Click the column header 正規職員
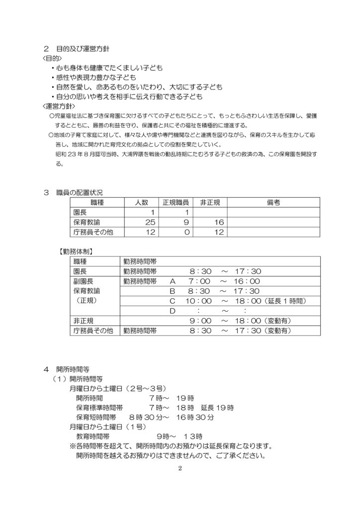point(176,202)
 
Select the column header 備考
point(273,202)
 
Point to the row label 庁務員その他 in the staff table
point(93,231)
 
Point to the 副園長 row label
point(83,281)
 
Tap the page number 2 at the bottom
point(180,468)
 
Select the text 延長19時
point(218,408)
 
